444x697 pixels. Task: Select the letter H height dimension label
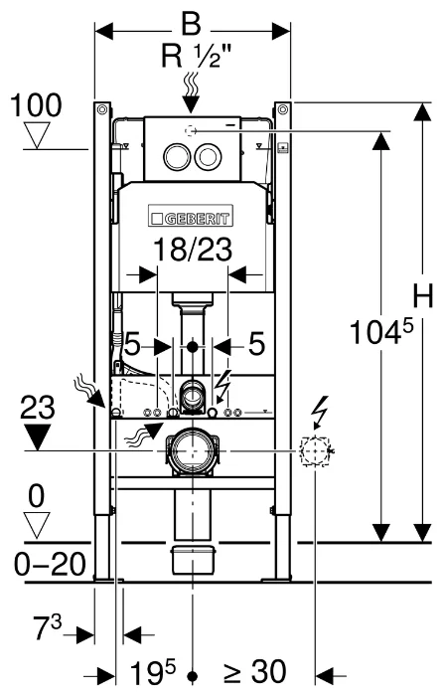click(423, 296)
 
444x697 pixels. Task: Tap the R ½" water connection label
click(196, 57)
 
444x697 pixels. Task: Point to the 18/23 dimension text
click(193, 250)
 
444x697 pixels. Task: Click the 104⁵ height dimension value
click(381, 332)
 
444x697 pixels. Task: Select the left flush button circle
click(176, 157)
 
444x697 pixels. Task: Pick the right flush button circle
click(208, 157)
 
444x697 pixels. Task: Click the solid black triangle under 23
click(38, 436)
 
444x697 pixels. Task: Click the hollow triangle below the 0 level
click(37, 525)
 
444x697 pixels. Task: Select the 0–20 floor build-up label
click(51, 565)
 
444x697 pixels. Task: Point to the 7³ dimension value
click(48, 628)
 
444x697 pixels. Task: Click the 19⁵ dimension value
click(153, 672)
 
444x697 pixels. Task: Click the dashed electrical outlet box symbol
click(315, 451)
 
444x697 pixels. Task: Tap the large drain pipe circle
click(193, 451)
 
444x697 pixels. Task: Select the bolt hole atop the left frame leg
click(102, 109)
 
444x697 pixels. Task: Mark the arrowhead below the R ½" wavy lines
click(192, 105)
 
